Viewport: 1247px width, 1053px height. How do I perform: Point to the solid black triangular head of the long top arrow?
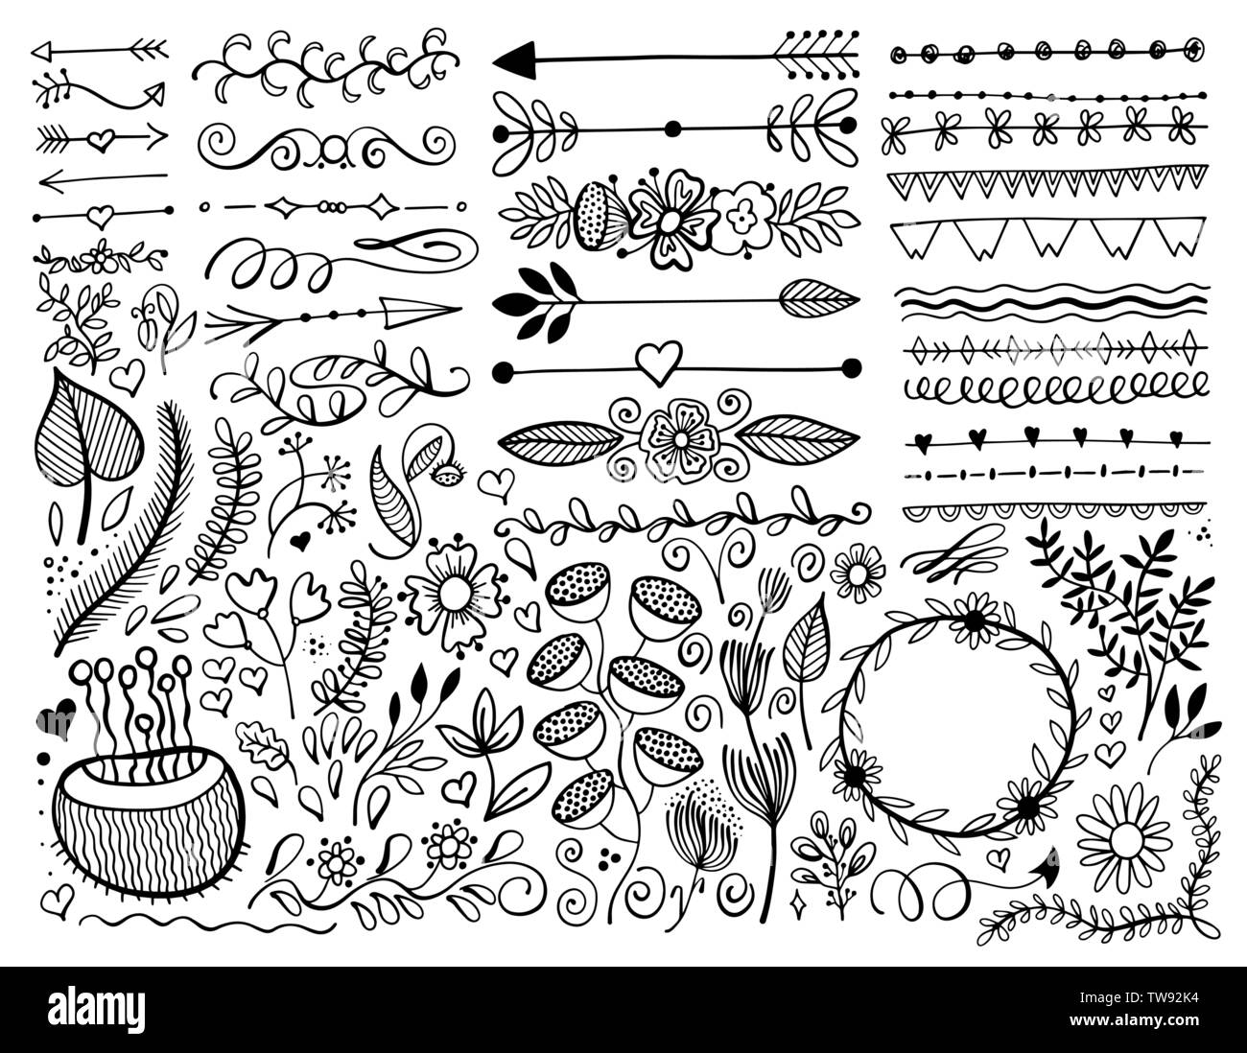(x=513, y=61)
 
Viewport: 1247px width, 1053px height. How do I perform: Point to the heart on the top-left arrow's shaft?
(x=99, y=139)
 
